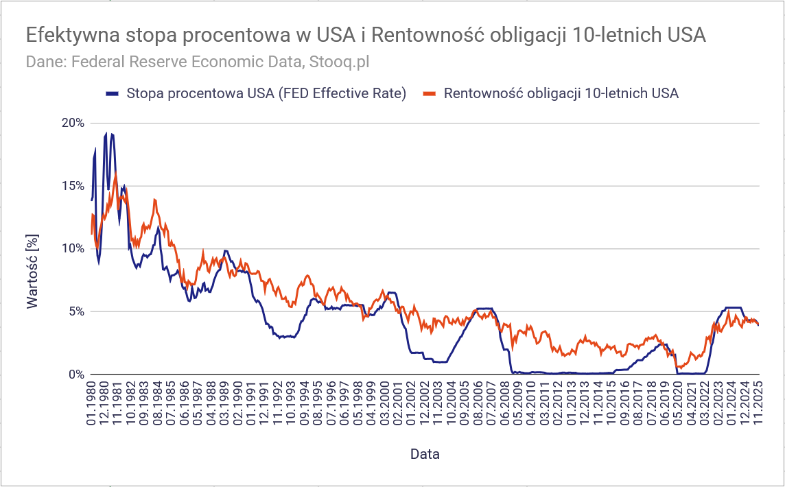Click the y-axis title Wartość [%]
point(32,273)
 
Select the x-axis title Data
point(425,454)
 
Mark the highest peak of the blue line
point(106,133)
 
